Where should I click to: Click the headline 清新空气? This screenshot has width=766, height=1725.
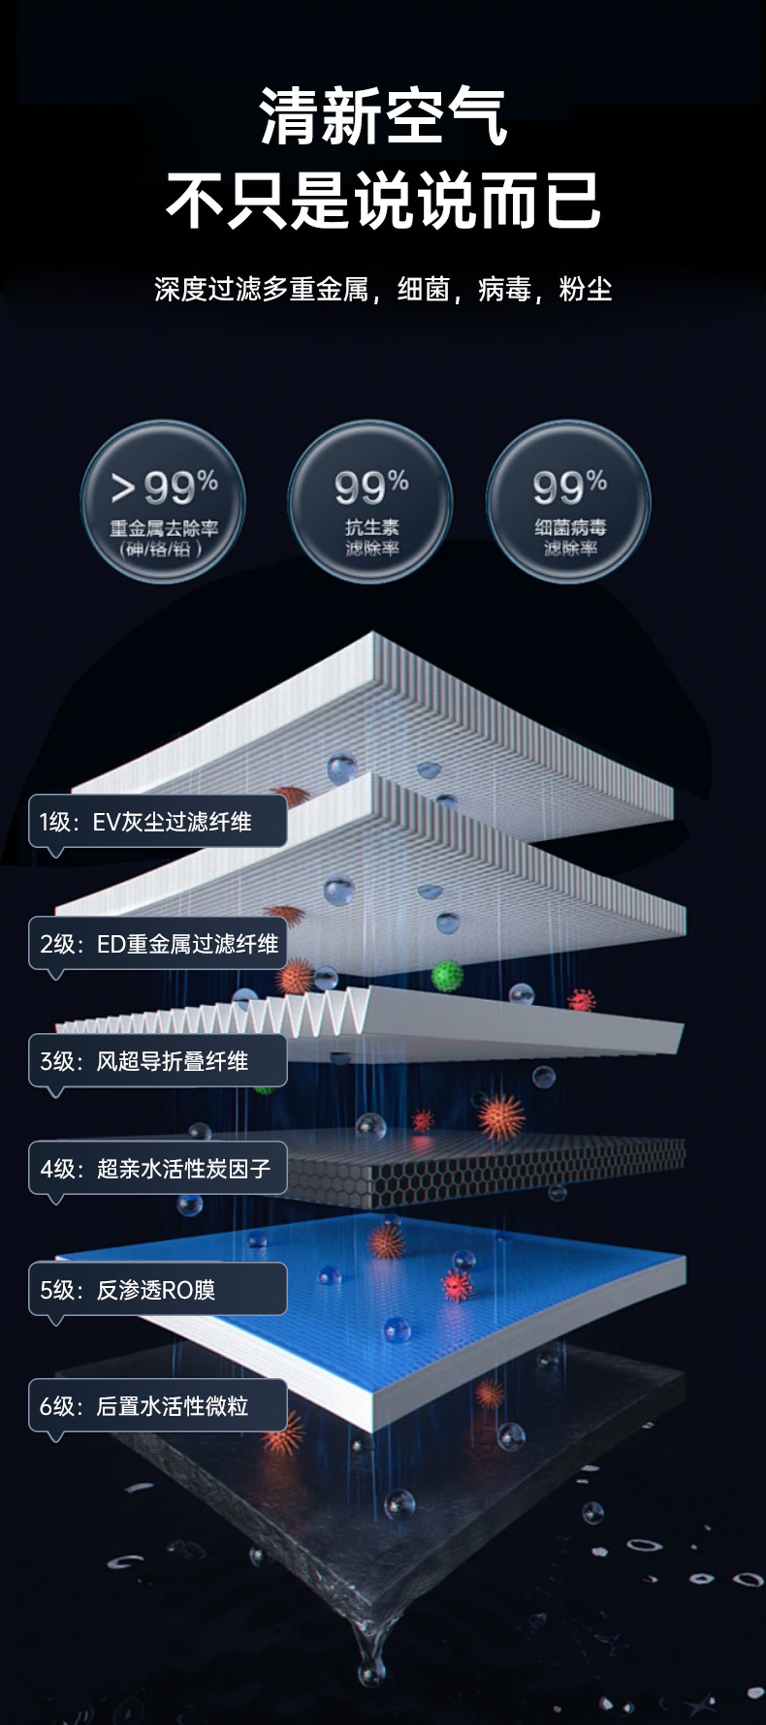tap(384, 117)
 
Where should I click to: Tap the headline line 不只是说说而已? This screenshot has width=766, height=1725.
tap(384, 201)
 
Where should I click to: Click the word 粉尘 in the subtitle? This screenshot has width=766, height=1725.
tap(586, 289)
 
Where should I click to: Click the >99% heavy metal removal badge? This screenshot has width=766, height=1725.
tap(163, 502)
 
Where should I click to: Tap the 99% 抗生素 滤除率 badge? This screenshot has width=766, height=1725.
tap(370, 502)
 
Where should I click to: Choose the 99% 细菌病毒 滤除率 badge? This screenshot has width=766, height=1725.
tap(569, 502)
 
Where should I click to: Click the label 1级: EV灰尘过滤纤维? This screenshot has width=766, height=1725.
tap(157, 822)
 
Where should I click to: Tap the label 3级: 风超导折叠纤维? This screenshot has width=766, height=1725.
tap(157, 1061)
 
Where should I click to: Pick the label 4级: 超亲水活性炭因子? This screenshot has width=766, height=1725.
tap(157, 1169)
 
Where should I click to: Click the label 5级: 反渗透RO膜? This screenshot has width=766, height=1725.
tap(157, 1290)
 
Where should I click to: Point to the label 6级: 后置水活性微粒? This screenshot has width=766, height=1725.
tap(157, 1406)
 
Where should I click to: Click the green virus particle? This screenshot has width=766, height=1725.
tap(447, 974)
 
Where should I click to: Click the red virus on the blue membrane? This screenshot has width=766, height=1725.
tap(456, 1285)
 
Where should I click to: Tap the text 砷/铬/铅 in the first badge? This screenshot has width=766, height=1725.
tap(162, 549)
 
